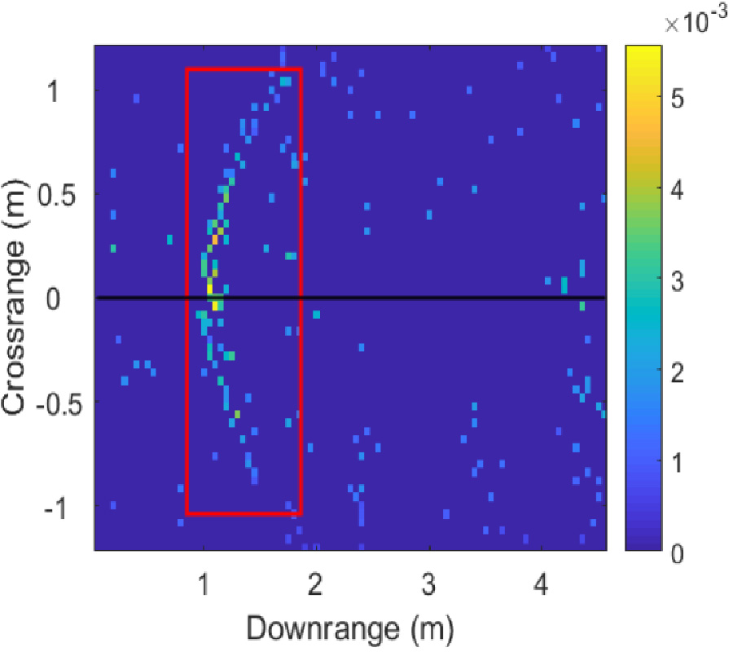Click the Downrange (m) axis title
pos(349,628)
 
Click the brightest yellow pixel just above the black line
pos(209,288)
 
